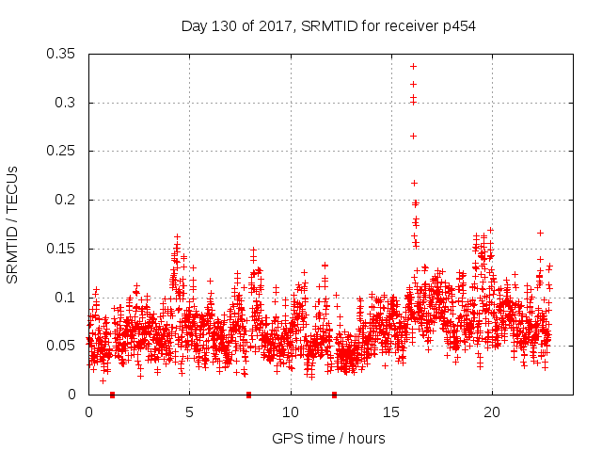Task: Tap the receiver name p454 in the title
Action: [457, 26]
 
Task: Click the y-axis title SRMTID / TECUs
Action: [13, 223]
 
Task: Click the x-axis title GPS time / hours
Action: [328, 438]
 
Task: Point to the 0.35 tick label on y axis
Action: [63, 54]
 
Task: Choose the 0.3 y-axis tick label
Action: [67, 103]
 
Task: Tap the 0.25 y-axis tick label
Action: [63, 151]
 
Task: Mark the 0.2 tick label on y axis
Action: [67, 200]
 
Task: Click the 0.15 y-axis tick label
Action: [63, 249]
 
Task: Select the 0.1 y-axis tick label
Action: [67, 298]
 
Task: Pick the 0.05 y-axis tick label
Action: [63, 346]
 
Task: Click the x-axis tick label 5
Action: [189, 412]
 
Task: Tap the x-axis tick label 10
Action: [290, 412]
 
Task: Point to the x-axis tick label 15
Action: [390, 412]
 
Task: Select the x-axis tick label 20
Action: [491, 412]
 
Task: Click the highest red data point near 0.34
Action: [413, 66]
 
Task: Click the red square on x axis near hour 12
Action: [334, 395]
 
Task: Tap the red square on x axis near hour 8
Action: [248, 395]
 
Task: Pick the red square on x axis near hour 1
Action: [112, 395]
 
